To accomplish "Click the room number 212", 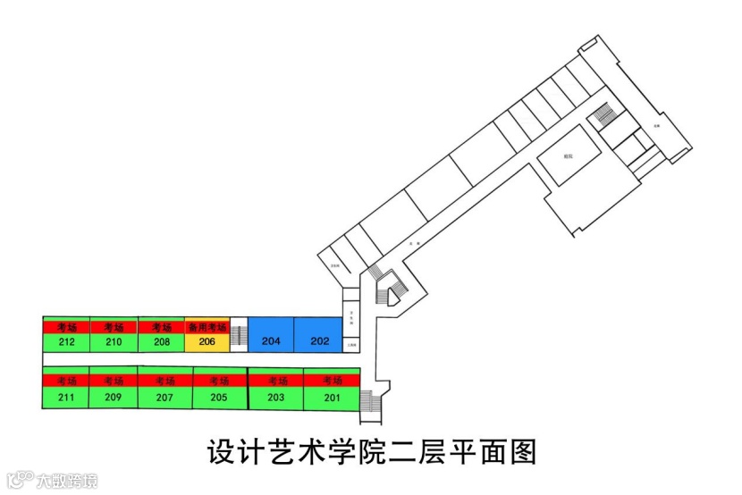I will click(x=66, y=341).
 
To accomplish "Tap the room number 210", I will click(x=114, y=341).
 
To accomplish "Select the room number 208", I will click(x=162, y=341).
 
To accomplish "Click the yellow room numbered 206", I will click(x=207, y=341).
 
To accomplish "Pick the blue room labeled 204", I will click(x=271, y=341).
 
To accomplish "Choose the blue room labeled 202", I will click(x=319, y=341).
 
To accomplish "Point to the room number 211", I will click(x=66, y=397).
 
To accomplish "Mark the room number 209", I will click(x=114, y=397).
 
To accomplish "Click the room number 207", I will click(x=164, y=397).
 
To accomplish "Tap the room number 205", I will click(x=220, y=397).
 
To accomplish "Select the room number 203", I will click(x=275, y=397).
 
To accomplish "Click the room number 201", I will click(x=332, y=397).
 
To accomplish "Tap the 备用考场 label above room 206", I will click(x=207, y=328).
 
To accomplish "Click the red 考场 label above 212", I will click(x=66, y=328).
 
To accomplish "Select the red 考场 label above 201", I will click(x=332, y=381).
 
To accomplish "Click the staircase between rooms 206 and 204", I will click(x=239, y=337).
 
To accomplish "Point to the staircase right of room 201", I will click(x=369, y=407).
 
